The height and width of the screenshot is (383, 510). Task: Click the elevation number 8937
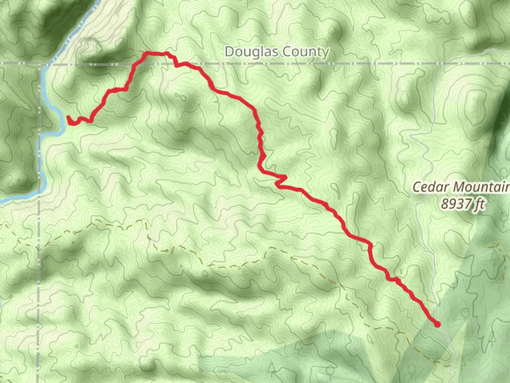tap(454, 204)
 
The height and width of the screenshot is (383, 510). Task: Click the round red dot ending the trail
tap(437, 324)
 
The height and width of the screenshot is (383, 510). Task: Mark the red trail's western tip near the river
tap(68, 117)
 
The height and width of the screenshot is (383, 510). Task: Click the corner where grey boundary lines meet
tap(39, 64)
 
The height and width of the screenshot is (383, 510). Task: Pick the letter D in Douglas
tap(229, 52)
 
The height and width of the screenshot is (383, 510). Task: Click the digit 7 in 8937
tap(468, 204)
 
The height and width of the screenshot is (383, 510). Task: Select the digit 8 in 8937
tap(445, 204)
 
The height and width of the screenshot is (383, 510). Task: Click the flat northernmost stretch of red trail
tap(156, 54)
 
